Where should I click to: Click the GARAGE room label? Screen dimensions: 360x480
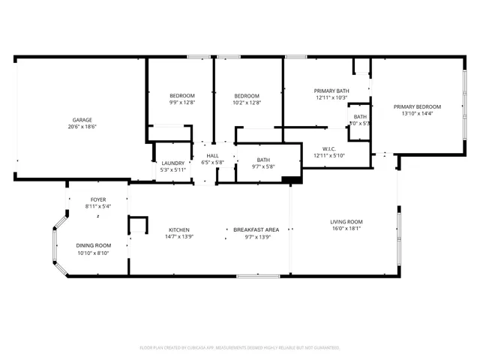pos(82,120)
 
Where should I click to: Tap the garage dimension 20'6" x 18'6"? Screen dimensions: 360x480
pos(82,127)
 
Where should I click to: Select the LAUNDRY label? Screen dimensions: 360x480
pos(173,163)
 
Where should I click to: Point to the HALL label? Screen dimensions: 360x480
pos(212,155)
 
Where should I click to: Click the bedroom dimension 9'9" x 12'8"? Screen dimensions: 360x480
pos(181,103)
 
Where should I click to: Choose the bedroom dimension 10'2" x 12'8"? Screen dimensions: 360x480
pos(247,103)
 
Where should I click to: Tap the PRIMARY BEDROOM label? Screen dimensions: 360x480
pos(418,106)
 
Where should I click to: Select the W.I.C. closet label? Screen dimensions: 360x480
pos(328,148)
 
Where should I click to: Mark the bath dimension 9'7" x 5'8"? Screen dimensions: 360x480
pos(263,166)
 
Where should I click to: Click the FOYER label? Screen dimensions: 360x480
pos(98,199)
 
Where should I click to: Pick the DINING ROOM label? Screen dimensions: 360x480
pos(94,245)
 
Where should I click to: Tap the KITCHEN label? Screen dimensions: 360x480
pos(178,229)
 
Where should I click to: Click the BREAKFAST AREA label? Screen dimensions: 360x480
pos(256,229)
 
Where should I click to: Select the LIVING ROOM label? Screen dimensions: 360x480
pos(346,221)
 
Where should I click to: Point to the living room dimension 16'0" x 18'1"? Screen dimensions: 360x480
pos(346,229)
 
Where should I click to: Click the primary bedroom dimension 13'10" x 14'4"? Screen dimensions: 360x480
pos(418,114)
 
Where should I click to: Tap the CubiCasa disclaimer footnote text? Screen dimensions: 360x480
pos(240,348)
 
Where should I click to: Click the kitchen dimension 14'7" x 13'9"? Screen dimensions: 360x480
pos(178,237)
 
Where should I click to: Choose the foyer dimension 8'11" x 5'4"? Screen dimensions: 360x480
pos(98,206)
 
